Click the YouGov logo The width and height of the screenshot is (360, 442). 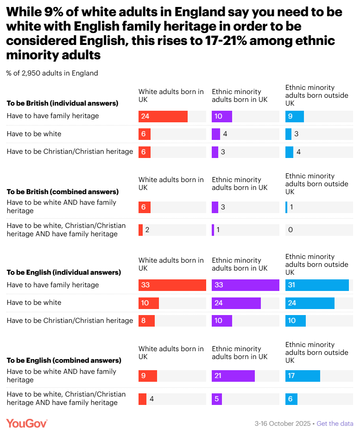26,423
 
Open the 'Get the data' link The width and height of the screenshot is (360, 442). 335,423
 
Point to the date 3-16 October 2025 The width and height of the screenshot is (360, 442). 283,423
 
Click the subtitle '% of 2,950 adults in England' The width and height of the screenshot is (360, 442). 52,73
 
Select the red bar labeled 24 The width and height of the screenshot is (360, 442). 163,116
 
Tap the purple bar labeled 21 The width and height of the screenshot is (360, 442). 233,376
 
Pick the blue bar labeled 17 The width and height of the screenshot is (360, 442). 303,376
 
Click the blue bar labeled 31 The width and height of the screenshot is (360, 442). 317,285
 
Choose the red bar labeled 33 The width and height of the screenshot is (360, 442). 172,285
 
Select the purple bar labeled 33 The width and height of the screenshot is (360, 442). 245,285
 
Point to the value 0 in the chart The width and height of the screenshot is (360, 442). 291,230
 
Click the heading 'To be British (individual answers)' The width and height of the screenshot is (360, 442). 62,103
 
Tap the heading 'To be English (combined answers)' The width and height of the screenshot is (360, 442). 63,360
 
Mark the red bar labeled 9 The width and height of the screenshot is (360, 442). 147,376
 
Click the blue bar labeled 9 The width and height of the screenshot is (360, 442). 294,116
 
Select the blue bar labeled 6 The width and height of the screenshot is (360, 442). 291,399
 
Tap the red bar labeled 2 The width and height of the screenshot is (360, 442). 140,230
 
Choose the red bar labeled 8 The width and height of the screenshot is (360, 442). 146,321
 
